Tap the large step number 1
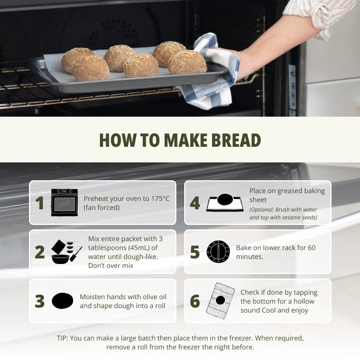click(40, 203)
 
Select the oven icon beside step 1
click(64, 202)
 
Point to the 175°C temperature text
click(160, 199)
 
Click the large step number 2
click(40, 252)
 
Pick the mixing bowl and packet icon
click(66, 252)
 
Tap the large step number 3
click(40, 301)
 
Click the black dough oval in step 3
click(63, 301)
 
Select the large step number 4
click(195, 203)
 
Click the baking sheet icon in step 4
click(225, 203)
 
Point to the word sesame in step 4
click(292, 218)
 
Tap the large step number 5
click(195, 252)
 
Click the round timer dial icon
click(218, 252)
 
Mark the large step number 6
click(195, 301)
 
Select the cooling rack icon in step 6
click(220, 300)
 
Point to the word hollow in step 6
click(304, 301)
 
